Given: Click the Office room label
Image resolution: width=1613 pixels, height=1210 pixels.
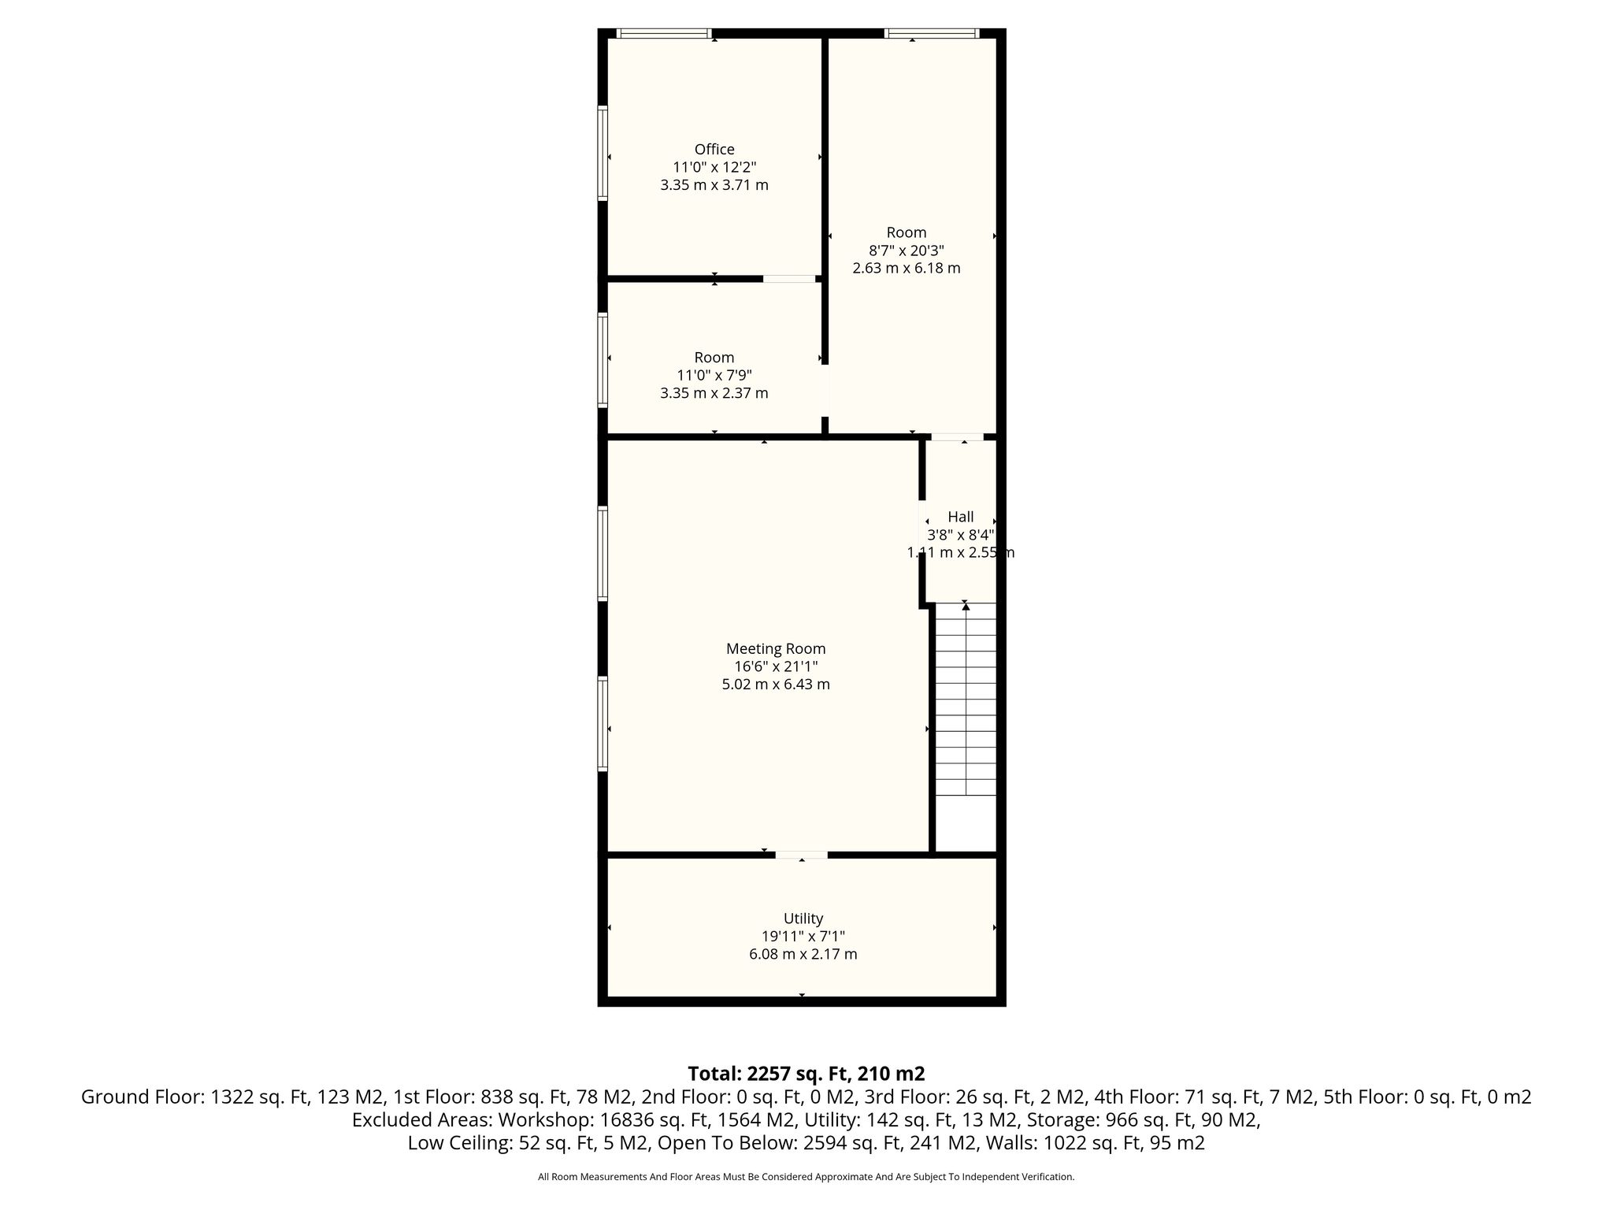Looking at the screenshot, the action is click(714, 149).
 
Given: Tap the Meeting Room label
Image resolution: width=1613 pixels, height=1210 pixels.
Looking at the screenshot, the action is click(776, 649).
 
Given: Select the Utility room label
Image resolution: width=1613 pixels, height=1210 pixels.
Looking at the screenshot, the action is click(803, 919).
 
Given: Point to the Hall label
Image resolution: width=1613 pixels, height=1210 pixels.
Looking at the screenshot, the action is click(960, 517).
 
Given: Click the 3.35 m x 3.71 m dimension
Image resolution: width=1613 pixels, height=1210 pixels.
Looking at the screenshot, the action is click(714, 185).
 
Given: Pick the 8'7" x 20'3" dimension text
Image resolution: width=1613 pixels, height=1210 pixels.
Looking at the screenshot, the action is click(907, 251).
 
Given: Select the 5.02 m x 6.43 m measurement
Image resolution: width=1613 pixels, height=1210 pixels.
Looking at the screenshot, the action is click(776, 685).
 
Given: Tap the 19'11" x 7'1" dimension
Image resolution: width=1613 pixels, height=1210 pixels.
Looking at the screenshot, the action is click(803, 937).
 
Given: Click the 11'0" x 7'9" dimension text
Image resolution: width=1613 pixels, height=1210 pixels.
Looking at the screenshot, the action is click(714, 375).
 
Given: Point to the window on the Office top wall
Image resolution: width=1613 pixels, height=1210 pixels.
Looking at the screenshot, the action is click(664, 33).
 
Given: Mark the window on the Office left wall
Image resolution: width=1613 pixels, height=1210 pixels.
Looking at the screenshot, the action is click(603, 153).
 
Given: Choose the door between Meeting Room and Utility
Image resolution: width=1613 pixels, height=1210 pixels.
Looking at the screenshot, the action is click(802, 855).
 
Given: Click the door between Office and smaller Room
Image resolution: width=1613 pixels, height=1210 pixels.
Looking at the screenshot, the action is click(789, 278).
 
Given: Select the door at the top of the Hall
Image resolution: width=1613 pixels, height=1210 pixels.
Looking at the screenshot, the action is click(958, 436).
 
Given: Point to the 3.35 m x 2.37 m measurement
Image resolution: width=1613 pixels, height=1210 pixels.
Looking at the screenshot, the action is click(714, 393).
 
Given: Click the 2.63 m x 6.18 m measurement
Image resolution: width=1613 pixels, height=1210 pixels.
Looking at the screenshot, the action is click(907, 268).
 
